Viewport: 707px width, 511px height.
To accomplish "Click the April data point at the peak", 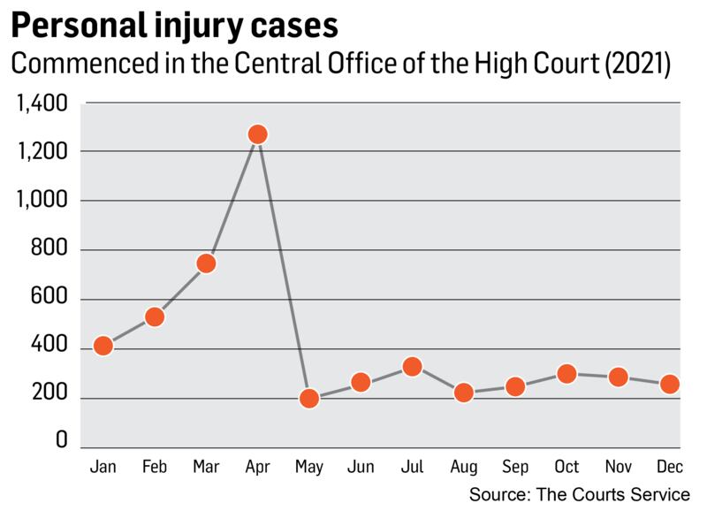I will [x=257, y=134].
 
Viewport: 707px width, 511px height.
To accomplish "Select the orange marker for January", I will [x=103, y=346].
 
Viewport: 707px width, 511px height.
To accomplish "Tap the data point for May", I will [x=309, y=398].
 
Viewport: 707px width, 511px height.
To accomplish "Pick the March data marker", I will [x=206, y=263].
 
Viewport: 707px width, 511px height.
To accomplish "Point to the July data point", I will [x=412, y=366].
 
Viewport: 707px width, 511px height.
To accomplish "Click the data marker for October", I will [x=566, y=374].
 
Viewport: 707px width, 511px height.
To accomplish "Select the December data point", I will [x=670, y=385].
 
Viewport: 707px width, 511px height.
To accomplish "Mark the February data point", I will [x=155, y=317].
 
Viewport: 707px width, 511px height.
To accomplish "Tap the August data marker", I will [x=463, y=393].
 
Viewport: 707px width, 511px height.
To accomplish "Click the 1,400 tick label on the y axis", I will [x=42, y=105].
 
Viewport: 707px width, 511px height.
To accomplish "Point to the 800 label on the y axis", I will [x=49, y=252].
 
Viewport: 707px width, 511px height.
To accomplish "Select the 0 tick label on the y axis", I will [x=62, y=439].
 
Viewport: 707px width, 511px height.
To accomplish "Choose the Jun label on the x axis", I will [x=361, y=466].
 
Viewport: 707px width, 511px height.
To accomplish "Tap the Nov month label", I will [x=618, y=466].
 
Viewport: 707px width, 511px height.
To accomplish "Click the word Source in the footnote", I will [x=501, y=493].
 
